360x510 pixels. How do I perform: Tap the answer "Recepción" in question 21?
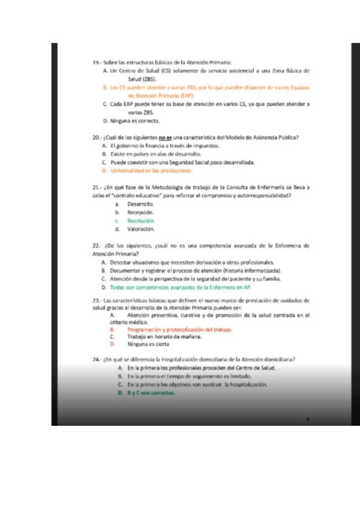[141, 213]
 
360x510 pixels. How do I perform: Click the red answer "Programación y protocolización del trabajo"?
[180, 330]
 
